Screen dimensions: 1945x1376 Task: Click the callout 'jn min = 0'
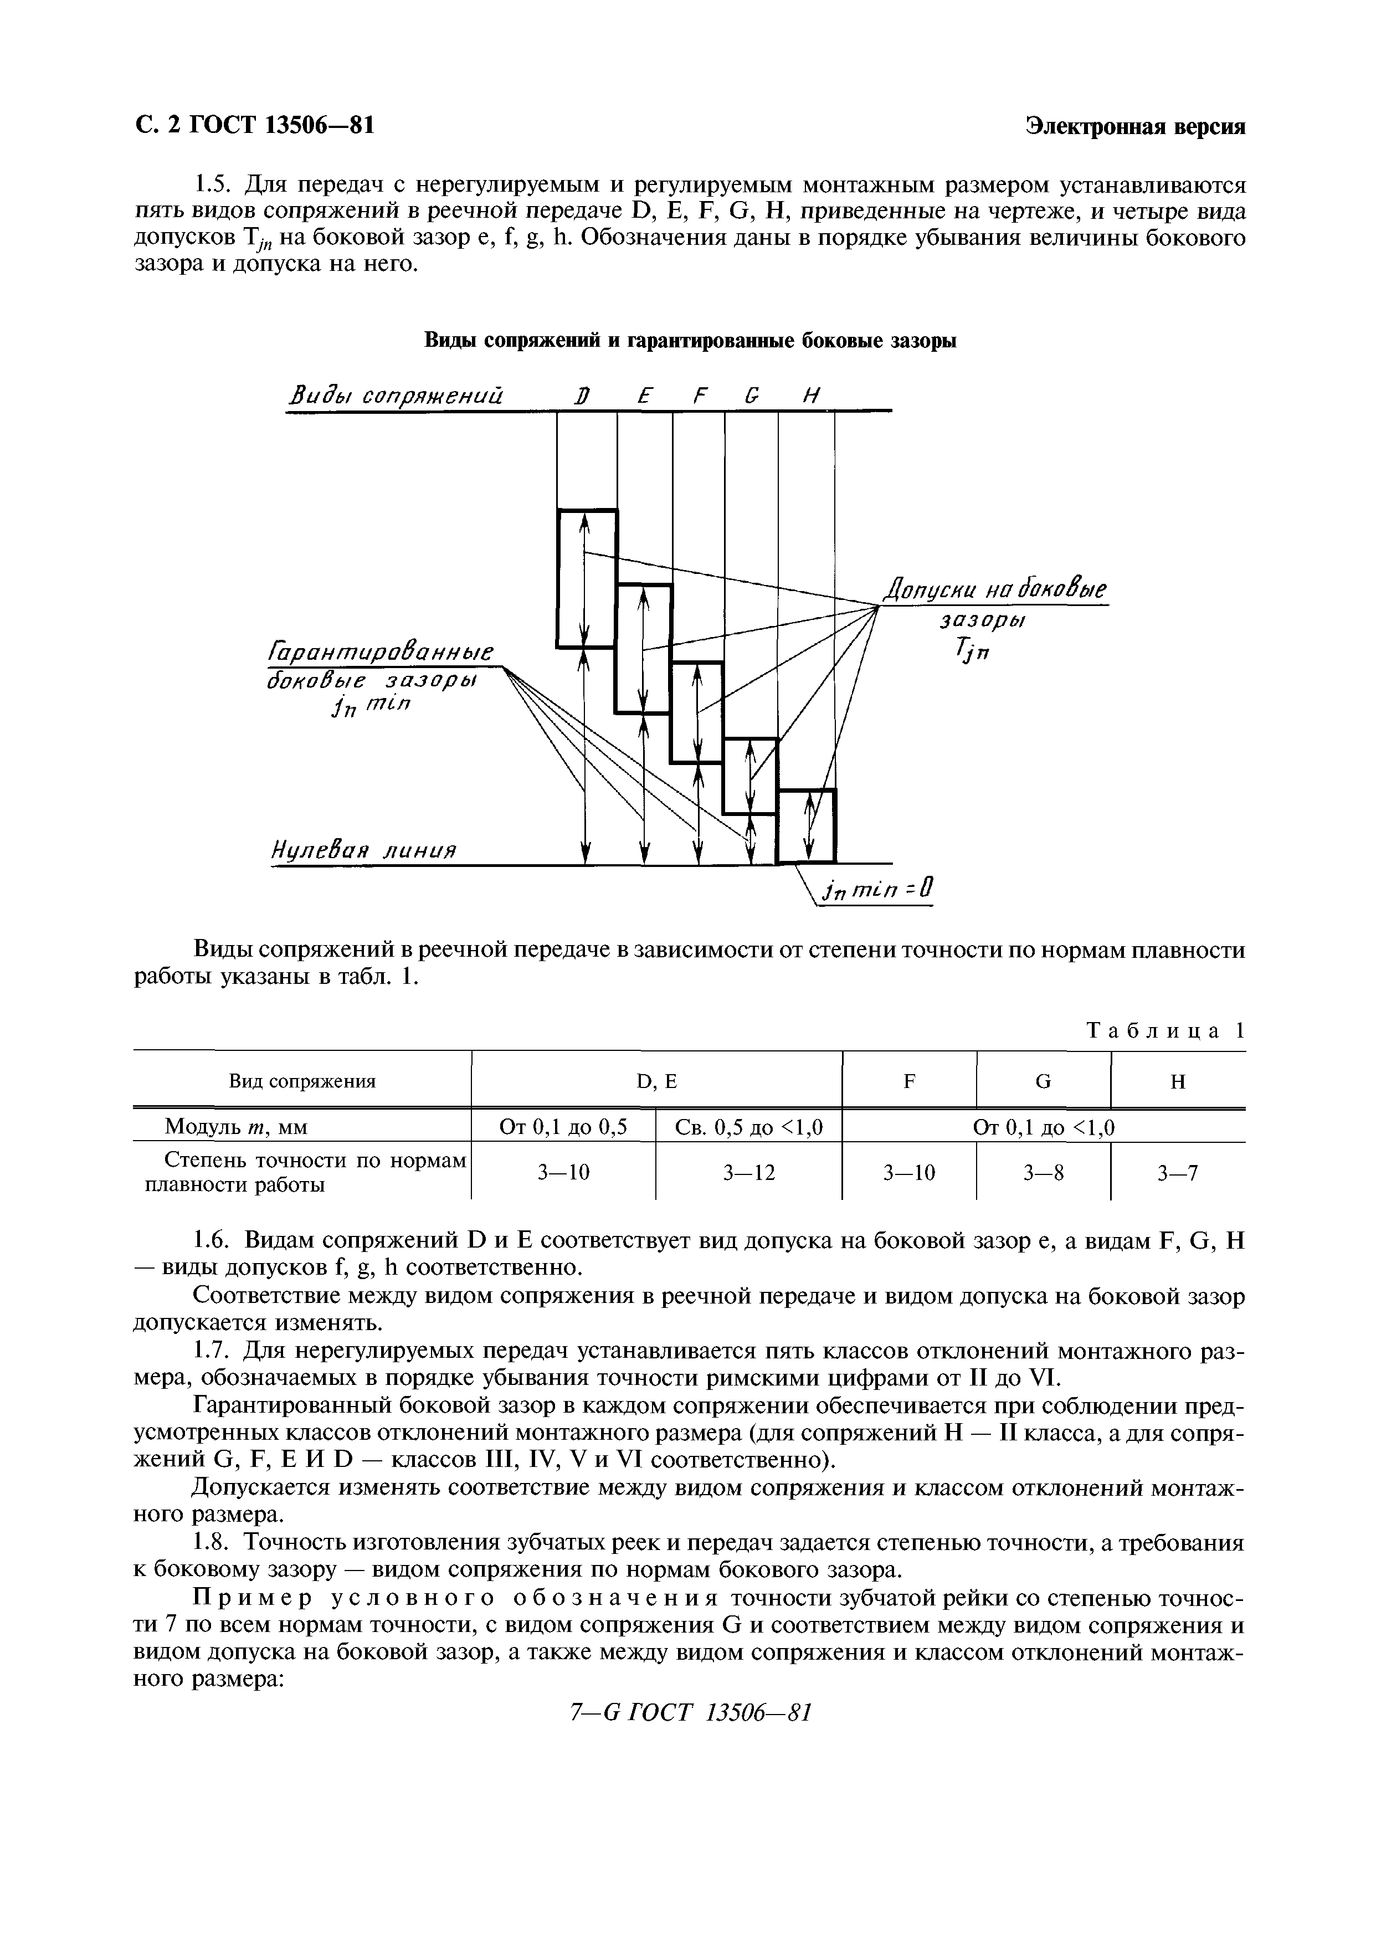pyautogui.click(x=877, y=890)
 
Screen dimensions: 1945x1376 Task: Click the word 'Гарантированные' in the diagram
pyautogui.click(x=381, y=652)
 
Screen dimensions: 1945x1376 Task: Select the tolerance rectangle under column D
pyautogui.click(x=586, y=578)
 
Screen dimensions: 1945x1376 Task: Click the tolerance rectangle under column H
pyautogui.click(x=807, y=826)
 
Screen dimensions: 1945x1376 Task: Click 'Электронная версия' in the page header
pyautogui.click(x=1136, y=126)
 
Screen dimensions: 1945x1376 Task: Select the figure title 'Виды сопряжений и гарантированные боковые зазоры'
pyautogui.click(x=690, y=341)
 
